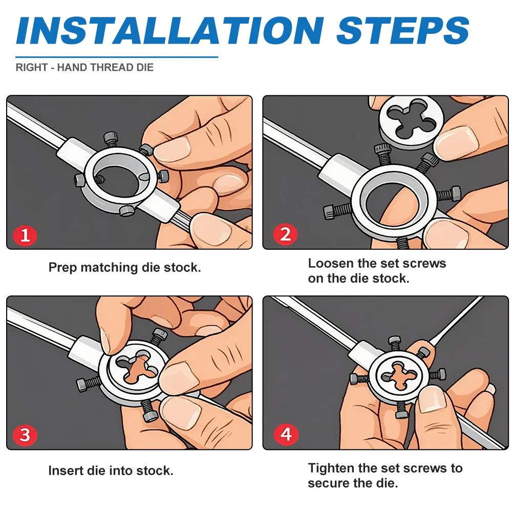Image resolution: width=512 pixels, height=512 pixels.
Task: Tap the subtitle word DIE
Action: tap(145, 68)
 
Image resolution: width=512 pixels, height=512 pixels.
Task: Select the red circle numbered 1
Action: tap(25, 235)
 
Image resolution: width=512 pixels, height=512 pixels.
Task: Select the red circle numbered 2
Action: tap(285, 234)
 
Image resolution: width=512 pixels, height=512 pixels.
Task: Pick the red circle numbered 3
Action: tap(25, 435)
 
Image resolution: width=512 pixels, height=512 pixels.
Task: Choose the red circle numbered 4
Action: tap(286, 435)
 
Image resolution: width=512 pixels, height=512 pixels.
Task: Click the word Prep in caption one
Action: tap(62, 268)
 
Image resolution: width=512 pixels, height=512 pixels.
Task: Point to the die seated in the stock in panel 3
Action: tap(138, 367)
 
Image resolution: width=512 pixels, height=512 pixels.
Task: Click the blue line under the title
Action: tap(117, 57)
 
